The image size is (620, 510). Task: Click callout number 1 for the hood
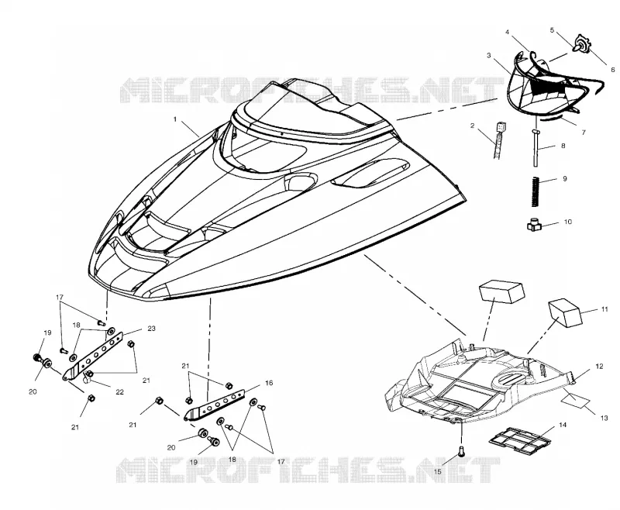[x=175, y=119]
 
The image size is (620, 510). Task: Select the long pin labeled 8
[x=536, y=147]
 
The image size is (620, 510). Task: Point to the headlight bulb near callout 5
[x=580, y=43]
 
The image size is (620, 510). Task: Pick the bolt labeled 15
[x=461, y=451]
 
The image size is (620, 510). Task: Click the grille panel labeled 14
[x=519, y=439]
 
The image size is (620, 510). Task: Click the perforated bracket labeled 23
[x=93, y=357]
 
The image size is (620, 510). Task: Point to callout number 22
[x=119, y=391]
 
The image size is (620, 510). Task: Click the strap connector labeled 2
[x=498, y=140]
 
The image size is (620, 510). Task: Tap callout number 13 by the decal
[x=604, y=418]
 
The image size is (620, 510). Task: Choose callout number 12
[x=599, y=367]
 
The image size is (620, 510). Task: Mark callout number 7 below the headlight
[x=584, y=133]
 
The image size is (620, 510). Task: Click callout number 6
[x=612, y=70]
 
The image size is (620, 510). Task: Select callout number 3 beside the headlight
[x=489, y=55]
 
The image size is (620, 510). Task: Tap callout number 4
[x=508, y=33]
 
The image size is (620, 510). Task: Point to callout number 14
[x=563, y=425]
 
